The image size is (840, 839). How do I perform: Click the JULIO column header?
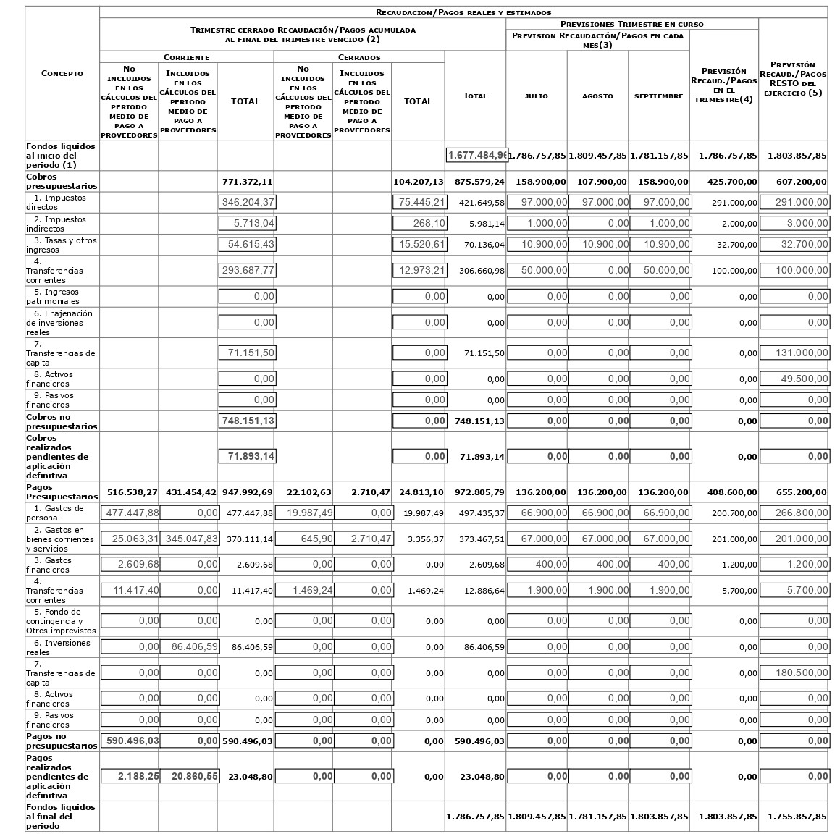pos(536,96)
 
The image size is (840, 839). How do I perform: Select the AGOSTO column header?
pos(597,96)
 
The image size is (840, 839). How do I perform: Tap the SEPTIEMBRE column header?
pos(658,96)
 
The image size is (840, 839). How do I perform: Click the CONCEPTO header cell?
pos(62,73)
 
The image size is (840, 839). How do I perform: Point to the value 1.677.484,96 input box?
pos(476,156)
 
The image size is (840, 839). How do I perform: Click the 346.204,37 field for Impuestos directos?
pos(247,203)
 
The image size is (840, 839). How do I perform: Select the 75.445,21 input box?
pos(419,203)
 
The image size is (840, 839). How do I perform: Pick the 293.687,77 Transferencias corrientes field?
pos(247,271)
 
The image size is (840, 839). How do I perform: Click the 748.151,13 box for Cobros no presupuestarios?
pos(247,421)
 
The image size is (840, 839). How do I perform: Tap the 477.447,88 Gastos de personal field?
pos(130,513)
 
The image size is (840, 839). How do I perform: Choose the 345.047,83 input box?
pos(189,539)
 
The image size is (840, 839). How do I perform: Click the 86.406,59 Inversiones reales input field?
pos(189,646)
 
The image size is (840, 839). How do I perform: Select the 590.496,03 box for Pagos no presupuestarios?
pos(130,741)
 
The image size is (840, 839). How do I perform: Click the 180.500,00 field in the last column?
pos(794,673)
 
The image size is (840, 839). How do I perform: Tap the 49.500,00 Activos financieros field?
pos(794,379)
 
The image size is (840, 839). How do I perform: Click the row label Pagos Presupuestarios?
pos(62,492)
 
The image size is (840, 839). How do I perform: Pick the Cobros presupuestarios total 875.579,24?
pos(476,182)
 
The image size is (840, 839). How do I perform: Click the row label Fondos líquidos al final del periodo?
pos(61,816)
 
